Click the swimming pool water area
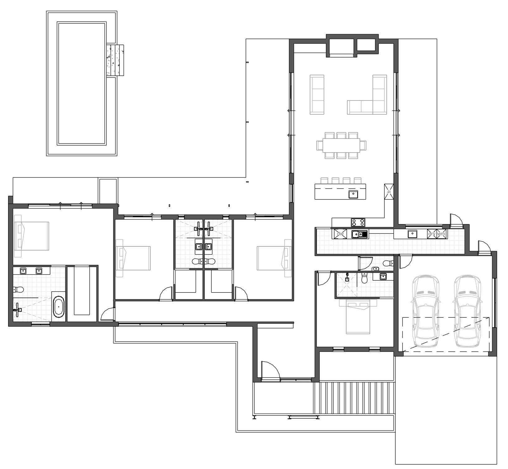pos(82,83)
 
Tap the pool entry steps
pos(115,60)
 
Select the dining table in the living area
pos(341,145)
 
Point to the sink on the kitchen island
pos(353,194)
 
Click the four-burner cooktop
pos(358,222)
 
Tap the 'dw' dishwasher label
pos(340,234)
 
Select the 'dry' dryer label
pos(432,234)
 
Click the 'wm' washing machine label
pos(441,234)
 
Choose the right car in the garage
pos(468,311)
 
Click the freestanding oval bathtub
pos(59,307)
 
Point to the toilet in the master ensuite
pos(18,290)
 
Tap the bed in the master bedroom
pos(31,236)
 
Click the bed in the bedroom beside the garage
pos(358,316)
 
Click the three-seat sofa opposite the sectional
pos(317,95)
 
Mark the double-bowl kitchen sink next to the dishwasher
pos(360,234)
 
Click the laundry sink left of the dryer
pos(412,234)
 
